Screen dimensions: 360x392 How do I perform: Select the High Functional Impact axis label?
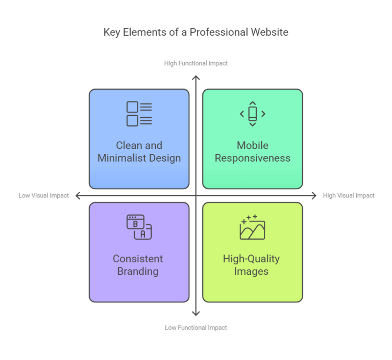point(196,64)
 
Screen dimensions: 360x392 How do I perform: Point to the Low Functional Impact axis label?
point(196,327)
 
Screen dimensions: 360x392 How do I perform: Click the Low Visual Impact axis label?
point(43,195)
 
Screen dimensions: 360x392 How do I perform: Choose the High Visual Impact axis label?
point(349,195)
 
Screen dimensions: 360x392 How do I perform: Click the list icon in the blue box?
point(139,114)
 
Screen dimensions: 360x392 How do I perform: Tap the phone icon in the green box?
point(252,114)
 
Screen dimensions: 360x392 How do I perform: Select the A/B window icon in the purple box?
point(139,227)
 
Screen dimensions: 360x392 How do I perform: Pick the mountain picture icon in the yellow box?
point(252,227)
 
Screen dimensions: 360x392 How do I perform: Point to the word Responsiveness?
point(252,158)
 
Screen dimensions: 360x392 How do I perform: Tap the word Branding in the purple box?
point(138,271)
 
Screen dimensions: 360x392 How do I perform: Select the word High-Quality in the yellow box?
point(251,259)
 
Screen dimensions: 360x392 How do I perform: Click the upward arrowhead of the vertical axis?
point(196,78)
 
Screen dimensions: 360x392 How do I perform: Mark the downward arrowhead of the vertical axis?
point(196,313)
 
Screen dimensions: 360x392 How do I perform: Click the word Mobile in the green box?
point(252,146)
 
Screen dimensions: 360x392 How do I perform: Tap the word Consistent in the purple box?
point(138,259)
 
